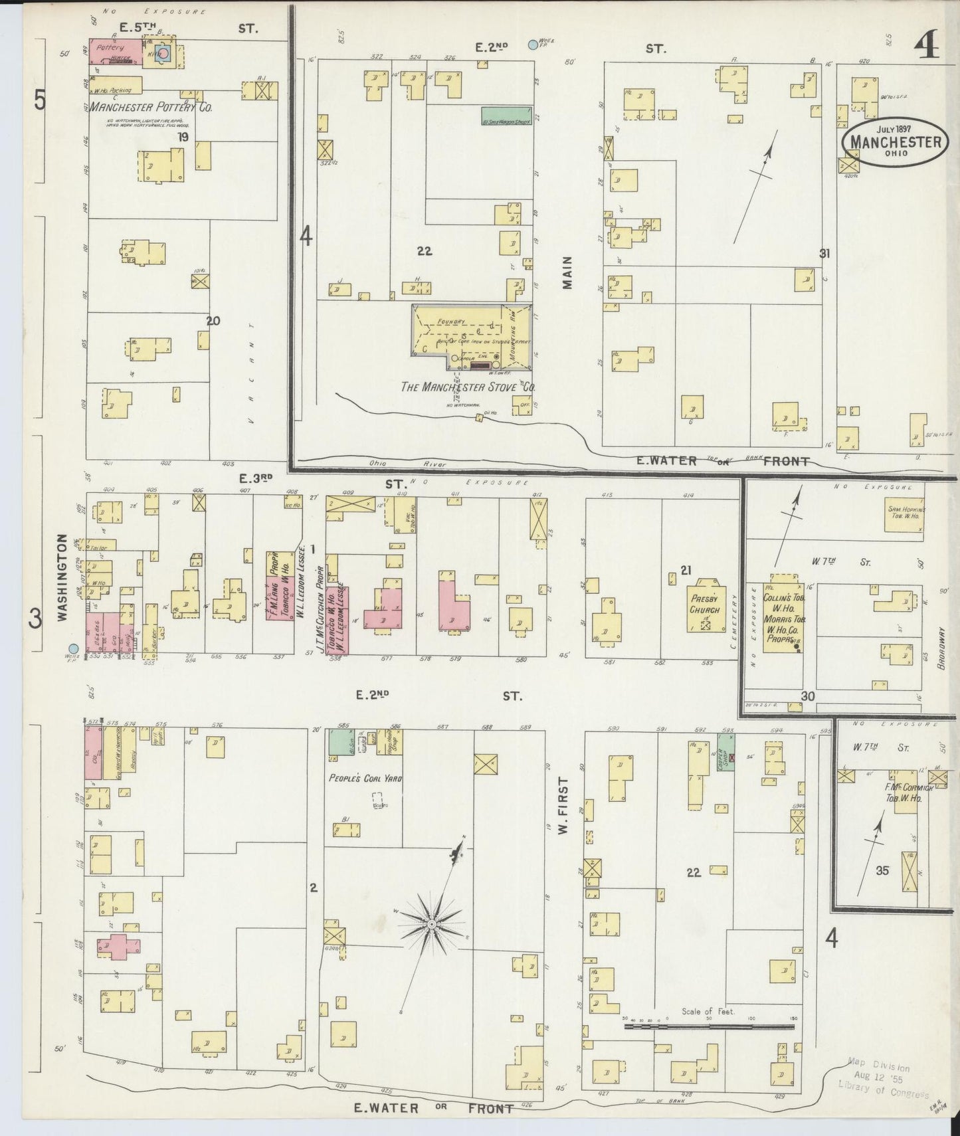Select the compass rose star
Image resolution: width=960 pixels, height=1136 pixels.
(432, 923)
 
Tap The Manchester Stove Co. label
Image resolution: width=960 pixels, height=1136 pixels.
(468, 387)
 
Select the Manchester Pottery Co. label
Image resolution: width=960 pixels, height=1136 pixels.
(151, 107)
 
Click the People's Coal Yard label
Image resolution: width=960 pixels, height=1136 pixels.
(365, 778)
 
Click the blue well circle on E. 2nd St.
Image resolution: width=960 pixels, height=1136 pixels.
(532, 45)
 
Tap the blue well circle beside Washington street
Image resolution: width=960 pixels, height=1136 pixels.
(73, 648)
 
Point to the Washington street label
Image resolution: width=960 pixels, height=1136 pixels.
(63, 577)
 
